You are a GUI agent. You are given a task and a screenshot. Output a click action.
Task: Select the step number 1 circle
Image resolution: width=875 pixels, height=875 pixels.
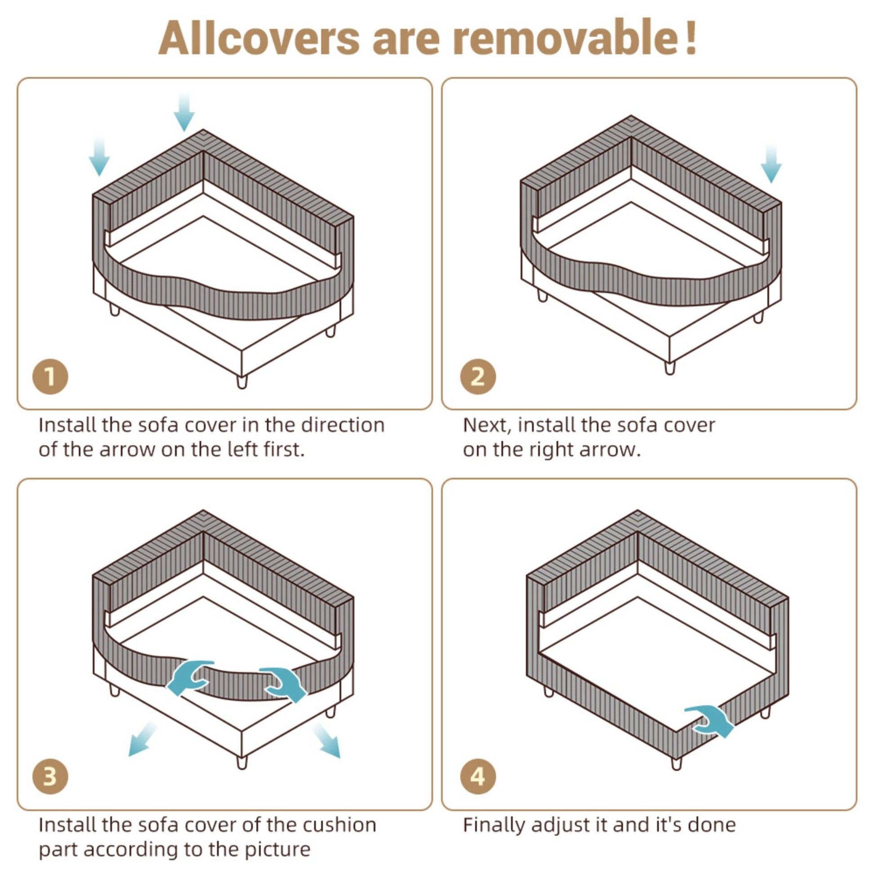click(50, 376)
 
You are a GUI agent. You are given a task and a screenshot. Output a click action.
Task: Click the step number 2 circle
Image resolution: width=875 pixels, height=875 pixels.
click(478, 376)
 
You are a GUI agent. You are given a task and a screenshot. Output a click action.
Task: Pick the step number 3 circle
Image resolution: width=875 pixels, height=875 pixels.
click(50, 776)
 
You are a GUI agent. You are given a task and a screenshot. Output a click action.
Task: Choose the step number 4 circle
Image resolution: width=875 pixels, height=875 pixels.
click(478, 776)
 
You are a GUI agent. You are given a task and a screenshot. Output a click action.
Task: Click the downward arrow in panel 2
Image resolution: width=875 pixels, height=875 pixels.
click(771, 164)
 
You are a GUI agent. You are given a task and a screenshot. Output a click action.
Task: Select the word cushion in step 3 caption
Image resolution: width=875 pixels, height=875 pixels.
click(339, 825)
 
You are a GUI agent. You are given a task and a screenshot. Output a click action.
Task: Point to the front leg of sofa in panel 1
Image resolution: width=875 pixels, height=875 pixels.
click(242, 381)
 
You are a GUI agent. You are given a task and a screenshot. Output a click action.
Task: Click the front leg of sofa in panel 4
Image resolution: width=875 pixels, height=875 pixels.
click(676, 763)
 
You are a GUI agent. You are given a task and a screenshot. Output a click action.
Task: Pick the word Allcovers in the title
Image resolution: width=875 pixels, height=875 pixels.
click(259, 38)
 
